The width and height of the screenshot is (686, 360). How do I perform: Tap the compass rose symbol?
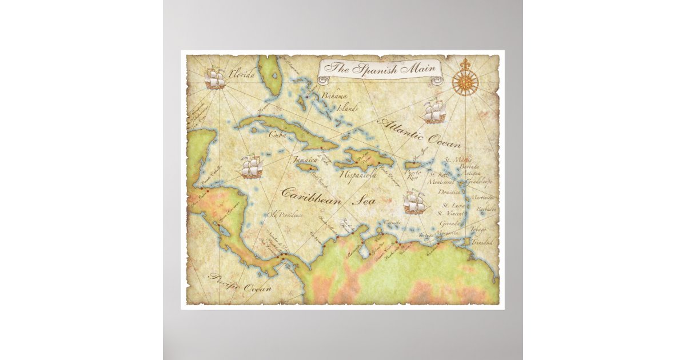tap(465, 82)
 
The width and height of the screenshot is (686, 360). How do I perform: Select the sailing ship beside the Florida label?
tap(214, 79)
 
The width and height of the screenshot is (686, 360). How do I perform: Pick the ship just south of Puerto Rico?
tap(415, 202)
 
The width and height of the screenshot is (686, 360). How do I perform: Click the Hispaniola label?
tap(358, 175)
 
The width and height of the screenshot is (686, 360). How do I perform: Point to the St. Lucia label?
tap(450, 205)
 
